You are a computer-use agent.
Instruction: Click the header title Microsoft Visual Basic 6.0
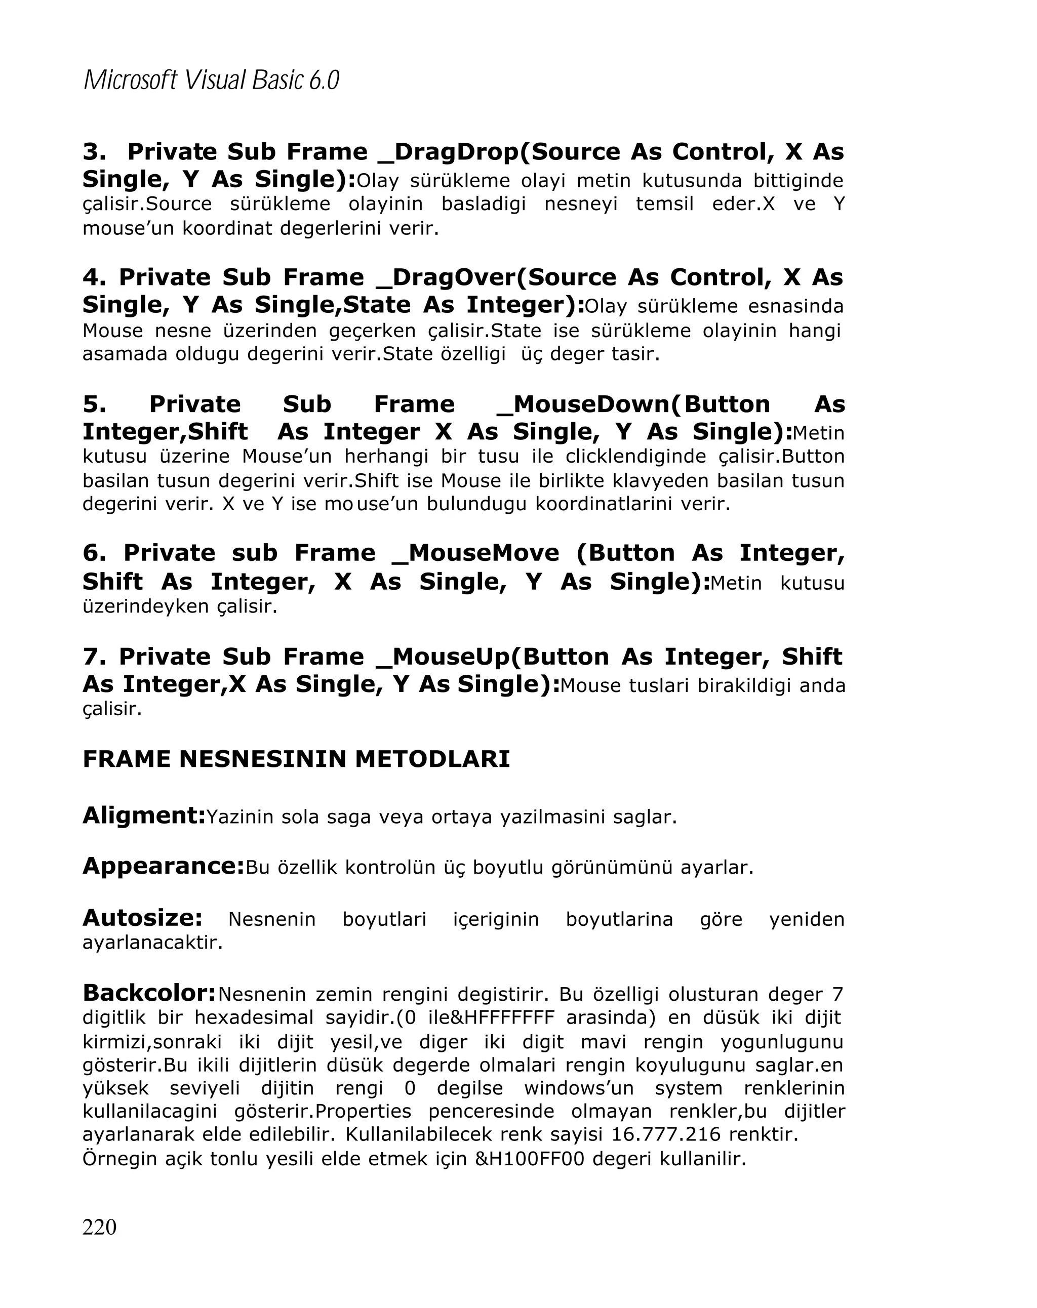pyautogui.click(x=211, y=80)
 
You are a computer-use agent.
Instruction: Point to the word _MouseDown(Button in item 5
pyautogui.click(x=633, y=404)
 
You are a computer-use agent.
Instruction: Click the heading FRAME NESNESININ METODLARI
pyautogui.click(x=296, y=759)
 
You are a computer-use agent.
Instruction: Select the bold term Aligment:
pyautogui.click(x=144, y=815)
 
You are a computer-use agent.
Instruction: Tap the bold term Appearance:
pyautogui.click(x=163, y=866)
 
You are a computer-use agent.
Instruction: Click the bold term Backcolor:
pyautogui.click(x=149, y=993)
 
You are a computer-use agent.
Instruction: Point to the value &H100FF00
pyautogui.click(x=529, y=1159)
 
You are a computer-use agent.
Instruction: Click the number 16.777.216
pyautogui.click(x=666, y=1134)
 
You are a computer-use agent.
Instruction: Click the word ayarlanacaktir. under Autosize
pyautogui.click(x=152, y=942)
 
